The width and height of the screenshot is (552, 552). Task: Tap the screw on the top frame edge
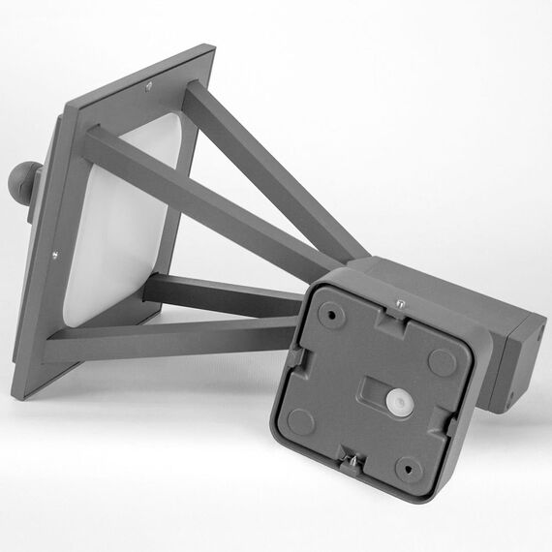point(148,85)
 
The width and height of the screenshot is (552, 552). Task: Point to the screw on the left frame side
point(56,255)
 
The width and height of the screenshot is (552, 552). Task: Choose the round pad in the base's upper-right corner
point(443,363)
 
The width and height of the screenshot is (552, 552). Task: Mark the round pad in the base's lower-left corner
point(301,420)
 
